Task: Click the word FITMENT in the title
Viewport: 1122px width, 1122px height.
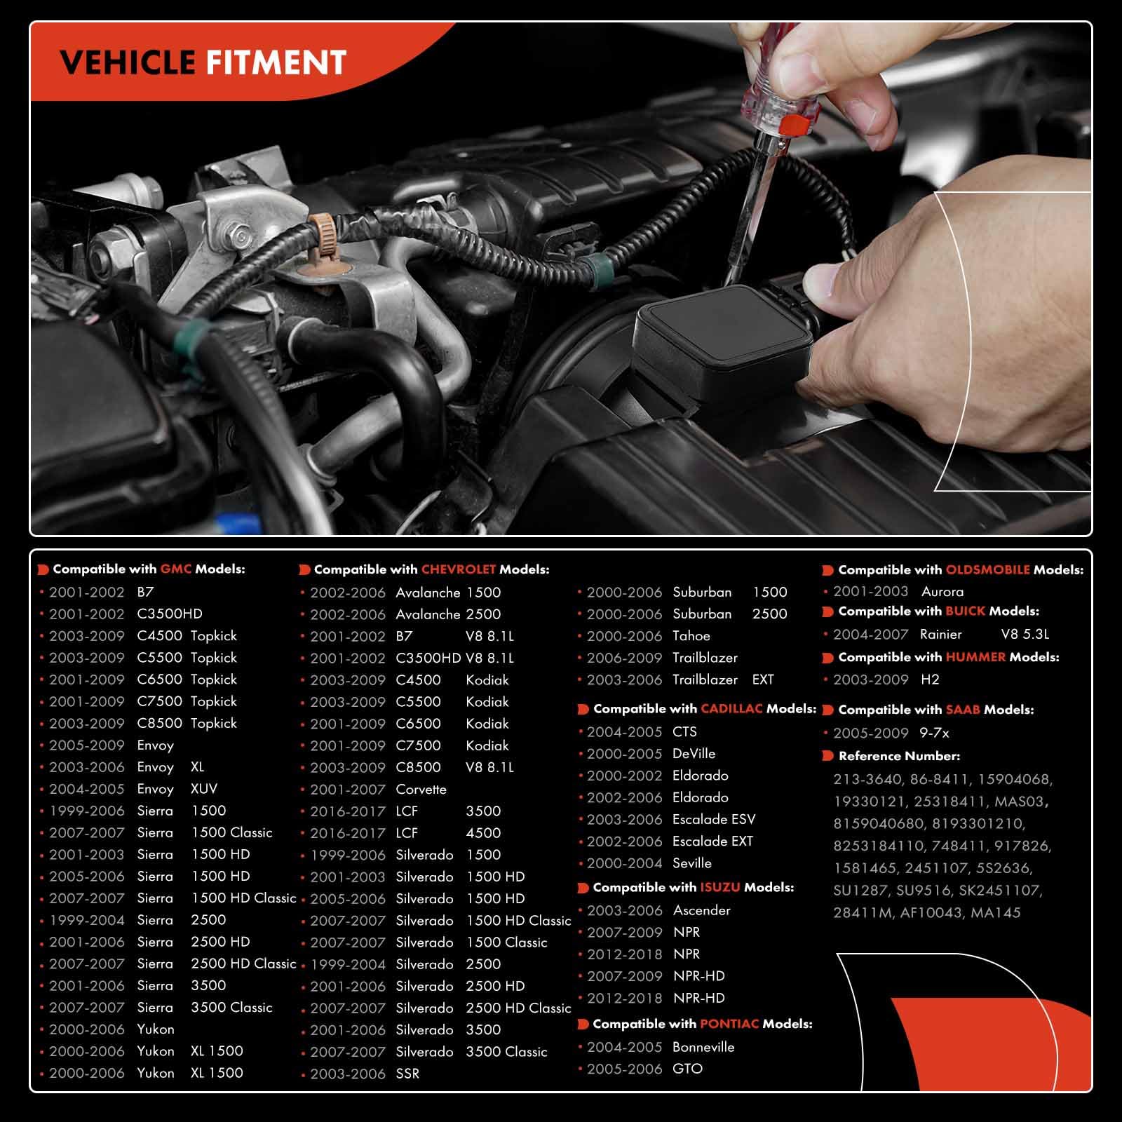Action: (276, 63)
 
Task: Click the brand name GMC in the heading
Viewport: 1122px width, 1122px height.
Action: (176, 569)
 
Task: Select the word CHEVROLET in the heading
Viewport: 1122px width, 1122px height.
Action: (459, 570)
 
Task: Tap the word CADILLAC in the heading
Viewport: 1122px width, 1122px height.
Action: (731, 709)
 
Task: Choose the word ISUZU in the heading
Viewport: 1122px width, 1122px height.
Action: (720, 888)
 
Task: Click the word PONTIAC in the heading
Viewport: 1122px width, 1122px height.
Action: (729, 1025)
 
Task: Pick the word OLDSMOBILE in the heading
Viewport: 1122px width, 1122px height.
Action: (987, 570)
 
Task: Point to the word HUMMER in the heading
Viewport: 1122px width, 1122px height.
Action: (975, 658)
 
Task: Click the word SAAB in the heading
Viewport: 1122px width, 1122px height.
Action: (963, 710)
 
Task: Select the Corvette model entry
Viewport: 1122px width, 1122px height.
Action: (421, 790)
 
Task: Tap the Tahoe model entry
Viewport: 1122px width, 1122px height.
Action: (691, 636)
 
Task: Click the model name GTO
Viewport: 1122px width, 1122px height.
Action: (687, 1069)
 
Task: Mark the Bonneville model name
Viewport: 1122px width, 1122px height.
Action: (703, 1048)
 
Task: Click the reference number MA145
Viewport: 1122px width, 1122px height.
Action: (995, 913)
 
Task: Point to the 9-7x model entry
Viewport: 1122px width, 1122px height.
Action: (934, 734)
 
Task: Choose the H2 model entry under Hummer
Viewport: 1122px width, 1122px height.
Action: (930, 680)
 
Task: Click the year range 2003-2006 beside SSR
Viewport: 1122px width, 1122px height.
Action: (348, 1074)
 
